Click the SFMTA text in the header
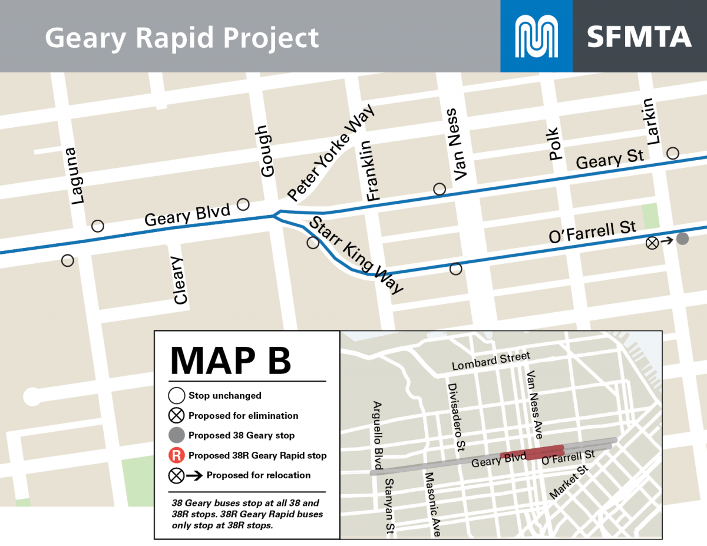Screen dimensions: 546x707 point(639,37)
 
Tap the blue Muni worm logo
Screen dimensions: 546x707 point(536,36)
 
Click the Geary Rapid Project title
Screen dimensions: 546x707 point(181,38)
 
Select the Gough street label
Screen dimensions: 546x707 point(266,151)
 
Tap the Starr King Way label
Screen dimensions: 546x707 point(356,254)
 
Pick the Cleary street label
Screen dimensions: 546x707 point(180,280)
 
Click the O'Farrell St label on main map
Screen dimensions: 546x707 point(592,231)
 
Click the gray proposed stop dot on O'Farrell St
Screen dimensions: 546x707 point(682,239)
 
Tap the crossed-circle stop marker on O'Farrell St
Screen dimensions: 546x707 point(652,242)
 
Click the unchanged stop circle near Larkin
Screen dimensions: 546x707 point(673,153)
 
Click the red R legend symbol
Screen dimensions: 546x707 point(176,455)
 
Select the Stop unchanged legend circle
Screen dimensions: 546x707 point(176,395)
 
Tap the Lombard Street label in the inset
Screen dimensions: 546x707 point(491,361)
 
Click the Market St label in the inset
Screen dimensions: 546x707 point(569,482)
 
